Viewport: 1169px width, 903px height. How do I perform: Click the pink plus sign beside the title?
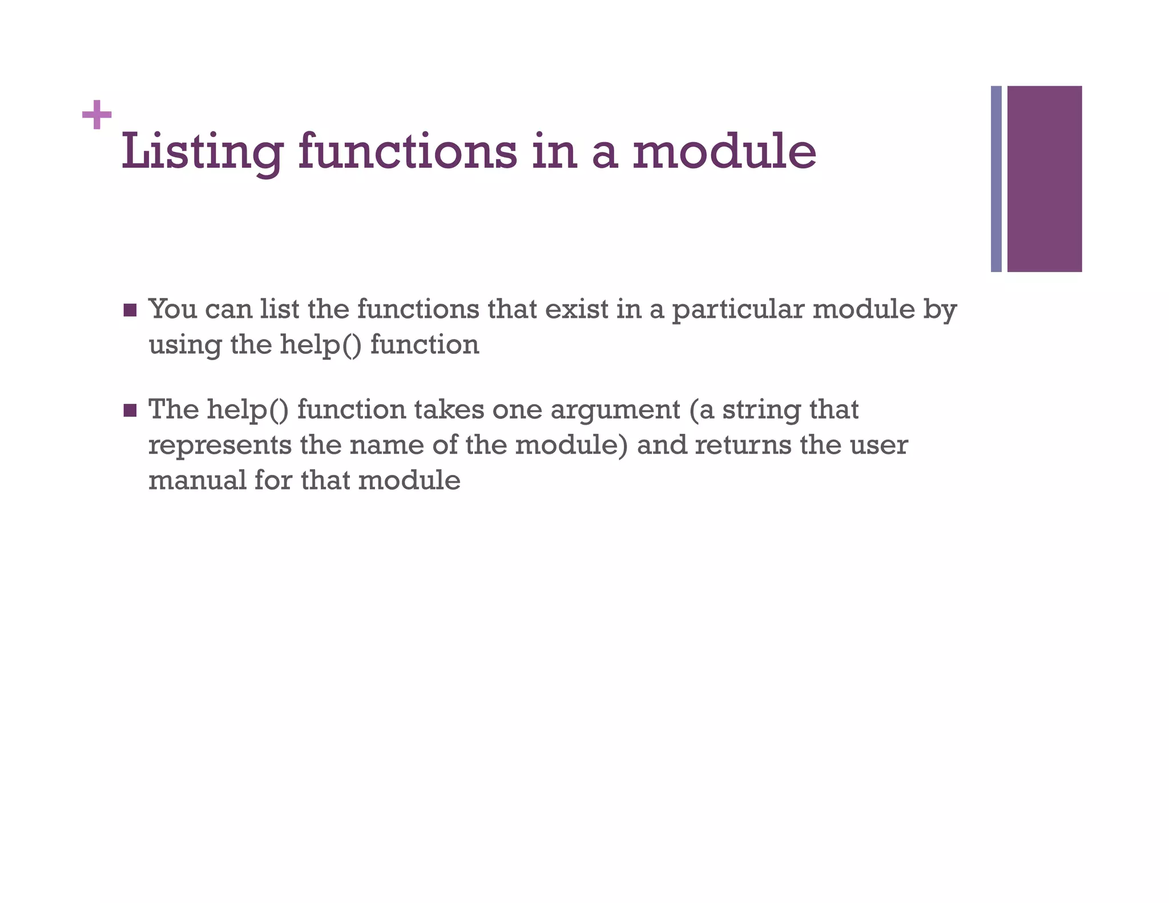96,115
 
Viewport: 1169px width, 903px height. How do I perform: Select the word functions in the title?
408,152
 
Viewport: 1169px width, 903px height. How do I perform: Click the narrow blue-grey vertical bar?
996,179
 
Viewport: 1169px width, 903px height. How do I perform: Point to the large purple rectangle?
1044,179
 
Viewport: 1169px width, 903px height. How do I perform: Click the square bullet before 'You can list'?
130,311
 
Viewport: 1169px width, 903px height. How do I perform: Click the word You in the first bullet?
172,309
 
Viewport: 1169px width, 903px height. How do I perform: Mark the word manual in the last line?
197,480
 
